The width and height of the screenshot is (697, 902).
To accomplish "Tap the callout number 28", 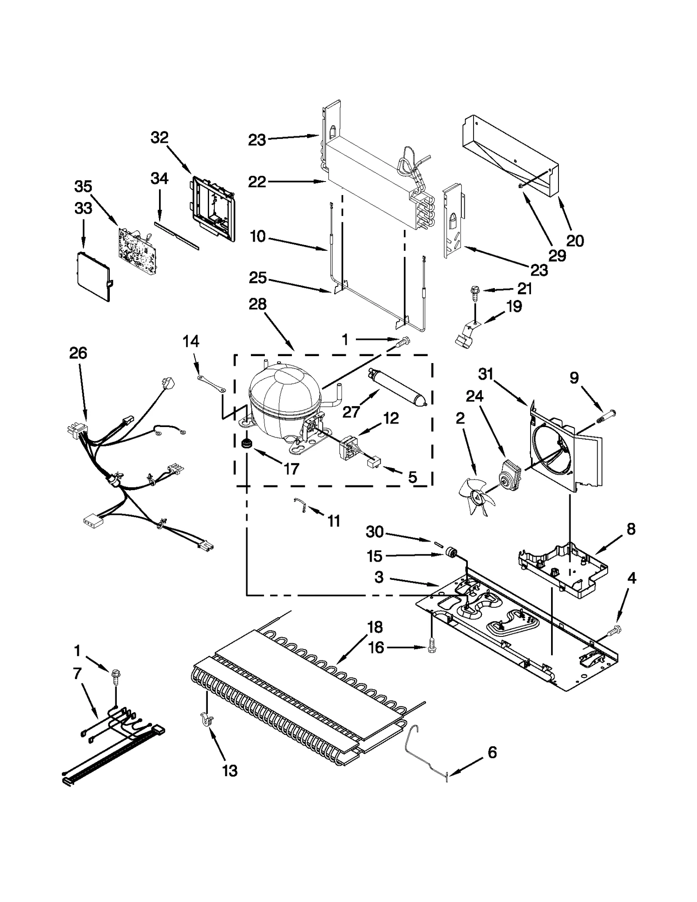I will tap(257, 304).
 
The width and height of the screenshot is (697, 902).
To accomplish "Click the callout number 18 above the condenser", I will tap(374, 627).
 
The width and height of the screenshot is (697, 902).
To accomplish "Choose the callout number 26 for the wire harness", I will tap(78, 353).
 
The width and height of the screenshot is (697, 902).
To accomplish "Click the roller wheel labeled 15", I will tap(451, 553).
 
